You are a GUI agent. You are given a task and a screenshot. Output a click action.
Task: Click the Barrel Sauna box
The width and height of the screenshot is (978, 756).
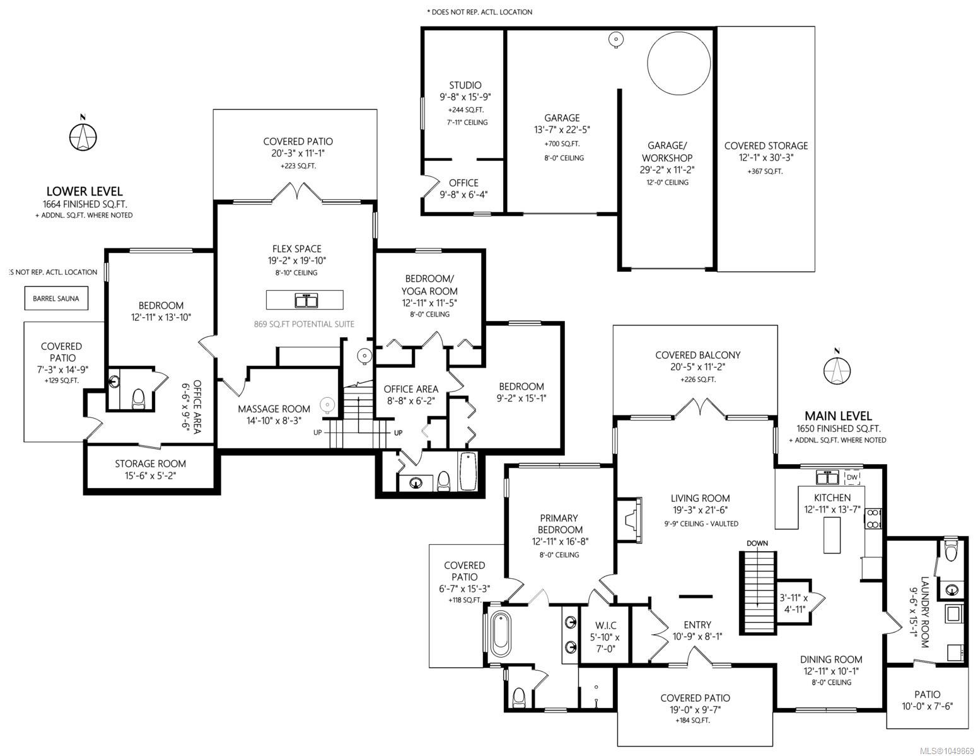pyautogui.click(x=56, y=298)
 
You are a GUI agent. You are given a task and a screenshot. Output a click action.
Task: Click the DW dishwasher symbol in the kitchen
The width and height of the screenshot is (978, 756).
pyautogui.click(x=852, y=477)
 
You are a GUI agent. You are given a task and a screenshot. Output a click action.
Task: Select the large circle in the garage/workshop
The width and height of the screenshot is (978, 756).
pyautogui.click(x=678, y=64)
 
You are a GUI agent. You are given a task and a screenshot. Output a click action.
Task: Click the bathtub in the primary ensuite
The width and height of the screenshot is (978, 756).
pyautogui.click(x=501, y=634)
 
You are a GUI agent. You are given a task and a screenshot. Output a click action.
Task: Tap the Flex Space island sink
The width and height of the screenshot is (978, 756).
pyautogui.click(x=306, y=299)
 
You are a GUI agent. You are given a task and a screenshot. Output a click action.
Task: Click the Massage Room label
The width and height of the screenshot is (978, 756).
pyautogui.click(x=274, y=409)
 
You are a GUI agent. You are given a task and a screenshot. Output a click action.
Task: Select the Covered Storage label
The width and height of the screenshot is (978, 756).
pyautogui.click(x=766, y=146)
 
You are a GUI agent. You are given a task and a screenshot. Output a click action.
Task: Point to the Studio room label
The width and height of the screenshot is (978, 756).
pyautogui.click(x=465, y=85)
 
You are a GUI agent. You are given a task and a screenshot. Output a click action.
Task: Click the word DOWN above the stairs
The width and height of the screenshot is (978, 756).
pyautogui.click(x=757, y=543)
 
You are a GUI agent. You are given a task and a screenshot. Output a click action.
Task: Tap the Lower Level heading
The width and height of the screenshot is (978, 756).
pyautogui.click(x=84, y=191)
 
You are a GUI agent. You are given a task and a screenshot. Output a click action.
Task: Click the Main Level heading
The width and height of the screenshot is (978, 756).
pyautogui.click(x=838, y=416)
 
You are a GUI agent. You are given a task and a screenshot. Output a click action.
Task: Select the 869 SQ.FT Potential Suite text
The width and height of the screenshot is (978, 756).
pyautogui.click(x=304, y=324)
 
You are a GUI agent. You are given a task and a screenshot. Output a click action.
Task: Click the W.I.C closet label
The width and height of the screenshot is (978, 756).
pyautogui.click(x=606, y=625)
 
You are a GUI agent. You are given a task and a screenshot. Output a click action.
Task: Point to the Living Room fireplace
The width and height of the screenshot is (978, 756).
pyautogui.click(x=630, y=520)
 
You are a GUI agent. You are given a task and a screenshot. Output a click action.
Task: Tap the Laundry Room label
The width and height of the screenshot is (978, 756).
pyautogui.click(x=925, y=612)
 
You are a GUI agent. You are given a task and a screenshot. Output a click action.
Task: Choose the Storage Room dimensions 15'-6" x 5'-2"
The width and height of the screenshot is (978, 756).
pyautogui.click(x=150, y=475)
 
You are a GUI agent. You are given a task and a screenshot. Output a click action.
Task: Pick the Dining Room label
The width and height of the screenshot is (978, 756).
pyautogui.click(x=831, y=660)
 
